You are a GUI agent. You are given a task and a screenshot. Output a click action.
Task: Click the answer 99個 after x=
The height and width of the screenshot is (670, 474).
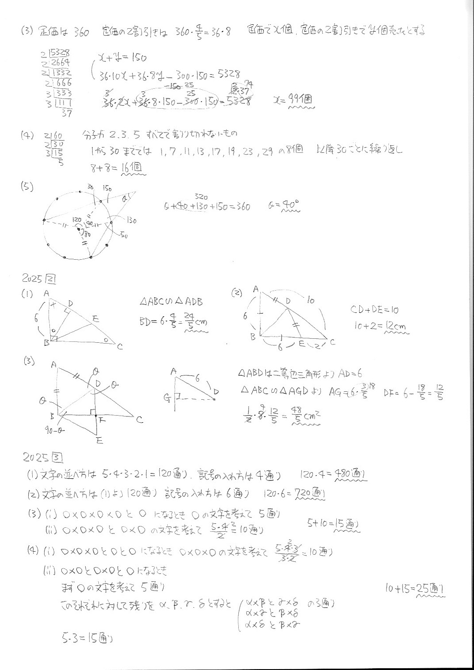[x=301, y=99]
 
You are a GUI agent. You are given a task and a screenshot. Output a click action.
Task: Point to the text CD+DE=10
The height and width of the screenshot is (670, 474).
[x=374, y=310]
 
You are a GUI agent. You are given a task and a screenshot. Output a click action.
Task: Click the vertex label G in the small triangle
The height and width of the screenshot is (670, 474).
[x=167, y=399]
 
